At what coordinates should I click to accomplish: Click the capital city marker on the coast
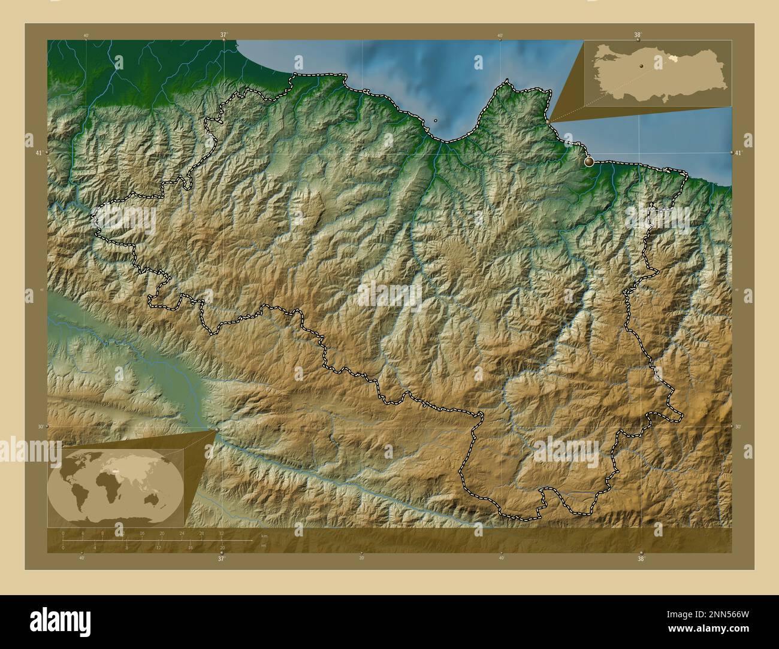click(x=589, y=161)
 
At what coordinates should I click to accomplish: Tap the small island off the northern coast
click(x=435, y=120)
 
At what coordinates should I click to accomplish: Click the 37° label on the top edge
click(x=223, y=35)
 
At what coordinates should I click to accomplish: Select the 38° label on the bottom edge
click(x=641, y=559)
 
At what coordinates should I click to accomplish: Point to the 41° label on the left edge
click(x=38, y=153)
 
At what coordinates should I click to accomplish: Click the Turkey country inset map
click(x=657, y=74)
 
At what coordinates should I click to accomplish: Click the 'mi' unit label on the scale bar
click(x=264, y=545)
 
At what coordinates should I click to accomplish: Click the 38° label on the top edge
click(x=637, y=35)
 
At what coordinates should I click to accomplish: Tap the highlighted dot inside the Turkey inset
click(x=641, y=66)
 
